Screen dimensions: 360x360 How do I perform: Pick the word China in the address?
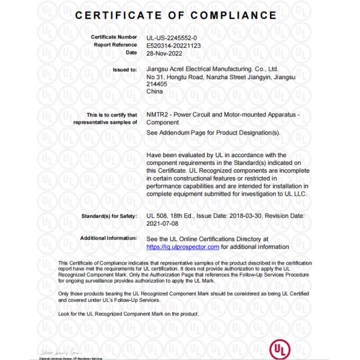pyautogui.click(x=154, y=92)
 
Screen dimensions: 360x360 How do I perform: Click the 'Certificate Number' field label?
pyautogui.click(x=114, y=37)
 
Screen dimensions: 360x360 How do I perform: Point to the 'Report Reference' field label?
pyautogui.click(x=115, y=44)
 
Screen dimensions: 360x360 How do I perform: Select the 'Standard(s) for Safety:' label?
pyautogui.click(x=109, y=216)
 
